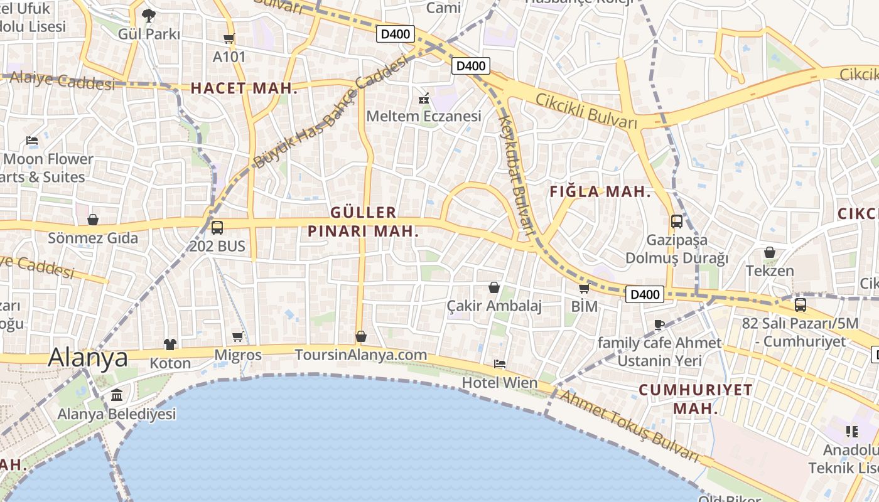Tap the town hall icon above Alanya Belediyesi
tap(117, 395)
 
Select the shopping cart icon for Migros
tap(238, 337)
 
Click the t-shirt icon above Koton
tap(170, 344)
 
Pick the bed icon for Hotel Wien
tap(500, 364)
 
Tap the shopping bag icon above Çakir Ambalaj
tap(494, 287)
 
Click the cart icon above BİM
tap(584, 288)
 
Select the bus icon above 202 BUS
tap(217, 227)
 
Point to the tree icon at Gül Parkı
tap(149, 15)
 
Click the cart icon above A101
tap(229, 38)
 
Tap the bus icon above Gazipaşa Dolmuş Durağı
tap(677, 221)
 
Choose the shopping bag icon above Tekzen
tap(770, 252)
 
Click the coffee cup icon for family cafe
tap(659, 324)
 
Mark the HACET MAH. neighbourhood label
tap(244, 88)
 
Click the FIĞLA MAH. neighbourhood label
tap(600, 193)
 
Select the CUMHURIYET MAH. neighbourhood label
tap(696, 399)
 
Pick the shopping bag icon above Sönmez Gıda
tap(93, 220)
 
